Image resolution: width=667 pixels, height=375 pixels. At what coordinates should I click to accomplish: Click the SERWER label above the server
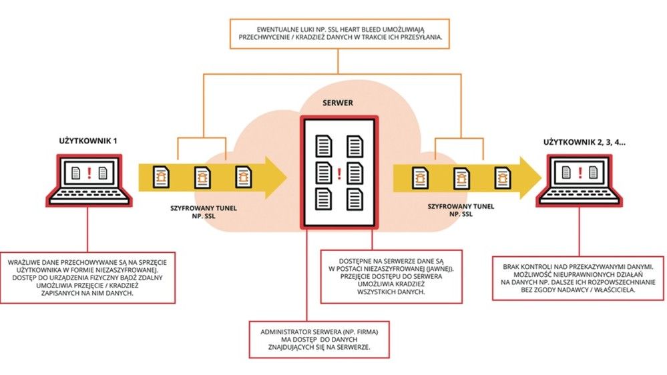click(x=338, y=103)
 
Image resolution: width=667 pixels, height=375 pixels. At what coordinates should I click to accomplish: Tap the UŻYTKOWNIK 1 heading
click(x=88, y=141)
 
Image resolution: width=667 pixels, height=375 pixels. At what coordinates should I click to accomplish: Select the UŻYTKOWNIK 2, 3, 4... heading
click(x=584, y=142)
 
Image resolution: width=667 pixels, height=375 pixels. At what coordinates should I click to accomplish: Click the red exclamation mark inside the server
click(x=339, y=173)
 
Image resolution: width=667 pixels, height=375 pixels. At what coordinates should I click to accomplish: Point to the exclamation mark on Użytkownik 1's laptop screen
click(x=89, y=173)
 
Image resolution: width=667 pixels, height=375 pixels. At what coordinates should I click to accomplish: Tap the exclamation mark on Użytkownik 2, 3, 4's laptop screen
click(x=580, y=173)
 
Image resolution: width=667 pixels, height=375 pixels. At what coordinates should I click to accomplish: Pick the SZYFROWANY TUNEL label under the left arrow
click(x=204, y=208)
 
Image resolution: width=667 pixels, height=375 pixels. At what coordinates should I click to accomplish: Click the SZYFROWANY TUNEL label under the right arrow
click(x=461, y=207)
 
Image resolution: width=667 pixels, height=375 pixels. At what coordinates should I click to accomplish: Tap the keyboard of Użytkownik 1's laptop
click(x=89, y=196)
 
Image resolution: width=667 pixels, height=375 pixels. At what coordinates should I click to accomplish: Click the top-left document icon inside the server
click(x=324, y=145)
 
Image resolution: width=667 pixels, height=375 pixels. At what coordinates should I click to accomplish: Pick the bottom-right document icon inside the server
click(x=355, y=199)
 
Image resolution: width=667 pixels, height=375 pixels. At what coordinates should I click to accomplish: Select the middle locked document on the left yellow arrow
click(x=202, y=177)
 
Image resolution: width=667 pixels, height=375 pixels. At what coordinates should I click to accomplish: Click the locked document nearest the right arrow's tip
click(x=502, y=177)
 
